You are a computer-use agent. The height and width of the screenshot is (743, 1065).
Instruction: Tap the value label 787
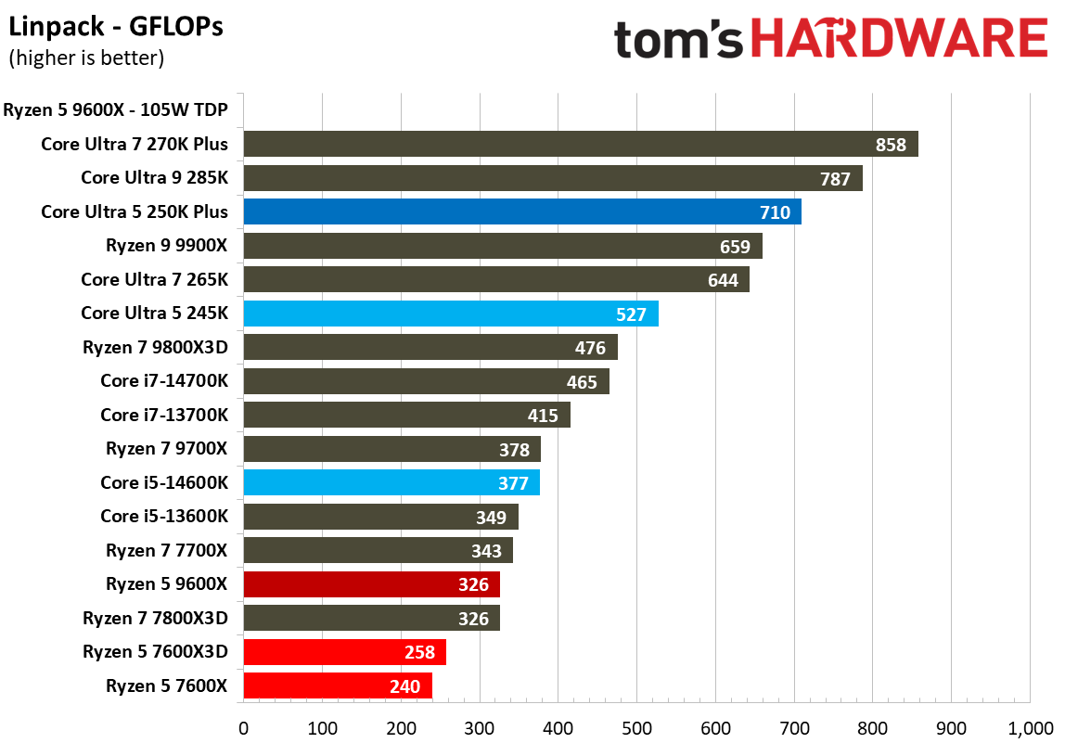tap(835, 179)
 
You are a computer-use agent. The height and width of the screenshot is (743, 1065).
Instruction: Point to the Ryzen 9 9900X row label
tap(167, 246)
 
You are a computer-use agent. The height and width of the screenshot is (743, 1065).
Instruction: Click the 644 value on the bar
tap(722, 280)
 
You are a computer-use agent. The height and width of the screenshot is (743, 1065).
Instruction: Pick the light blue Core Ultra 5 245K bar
tap(450, 314)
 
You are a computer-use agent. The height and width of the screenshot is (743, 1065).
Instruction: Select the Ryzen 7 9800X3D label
tap(155, 348)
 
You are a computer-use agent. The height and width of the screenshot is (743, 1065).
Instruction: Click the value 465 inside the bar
tap(582, 382)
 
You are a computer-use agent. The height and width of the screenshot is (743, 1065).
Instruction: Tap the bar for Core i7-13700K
tap(406, 416)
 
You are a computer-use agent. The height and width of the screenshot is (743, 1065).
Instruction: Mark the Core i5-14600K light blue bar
tap(391, 482)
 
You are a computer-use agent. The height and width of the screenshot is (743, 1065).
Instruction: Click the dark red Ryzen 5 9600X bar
tap(371, 584)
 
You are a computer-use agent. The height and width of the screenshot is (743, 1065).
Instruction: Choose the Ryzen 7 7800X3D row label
tap(155, 618)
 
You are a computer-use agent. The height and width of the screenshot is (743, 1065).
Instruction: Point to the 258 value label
tap(419, 652)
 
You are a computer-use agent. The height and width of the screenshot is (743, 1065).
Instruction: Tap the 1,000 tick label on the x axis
tap(1030, 728)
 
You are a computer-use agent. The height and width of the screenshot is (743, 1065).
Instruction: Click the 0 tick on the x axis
tap(243, 728)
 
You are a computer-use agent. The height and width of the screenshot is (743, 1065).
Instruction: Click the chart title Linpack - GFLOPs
tap(117, 28)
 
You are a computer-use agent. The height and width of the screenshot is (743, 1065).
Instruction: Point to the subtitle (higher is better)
tap(86, 58)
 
